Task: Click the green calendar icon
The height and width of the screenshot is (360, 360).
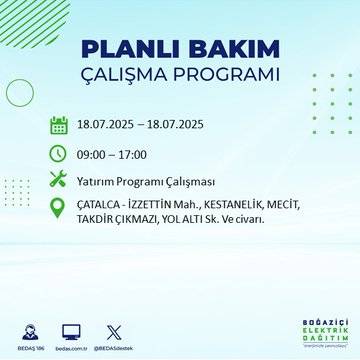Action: coord(59,125)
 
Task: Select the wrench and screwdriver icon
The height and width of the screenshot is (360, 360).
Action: coord(59,180)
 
